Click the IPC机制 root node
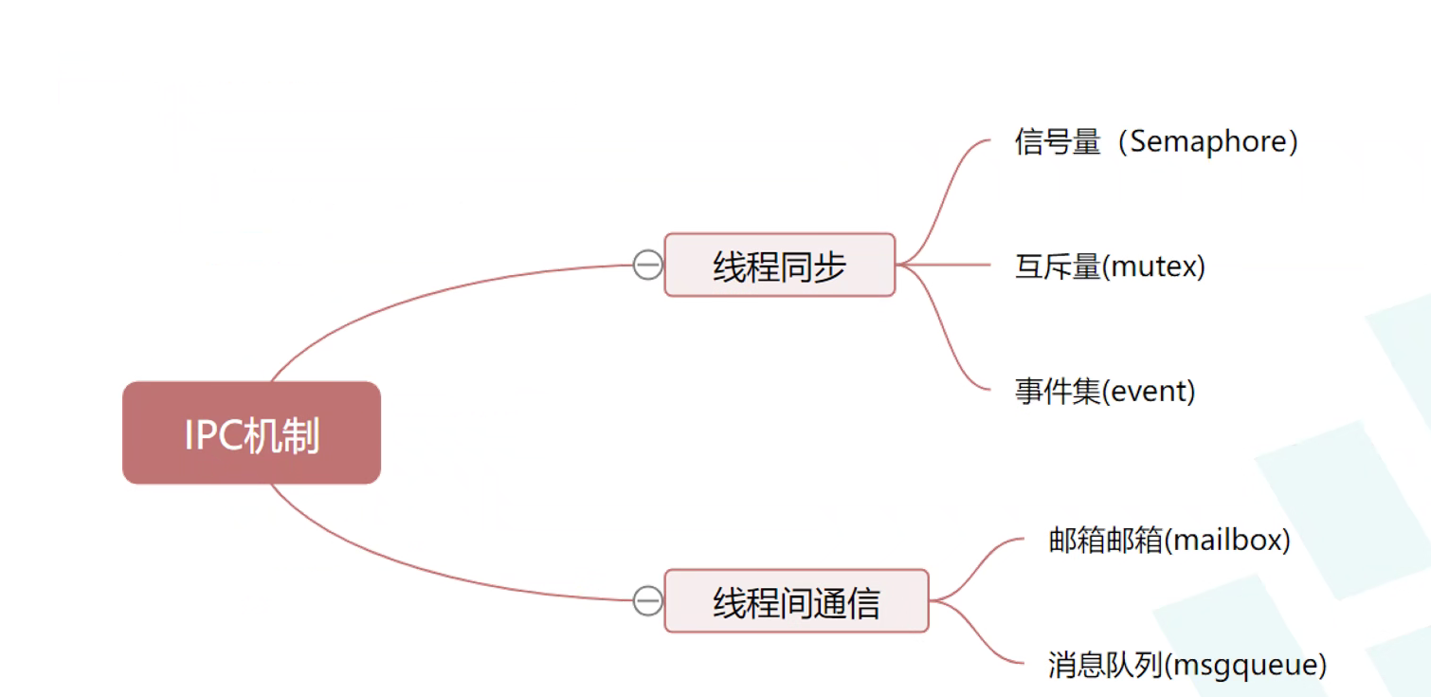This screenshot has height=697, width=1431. [x=252, y=433]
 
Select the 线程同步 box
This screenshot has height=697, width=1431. [x=780, y=265]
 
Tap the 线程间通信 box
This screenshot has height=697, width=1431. [x=797, y=601]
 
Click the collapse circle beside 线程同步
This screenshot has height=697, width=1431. [x=648, y=265]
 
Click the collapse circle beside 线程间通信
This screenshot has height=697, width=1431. [x=648, y=601]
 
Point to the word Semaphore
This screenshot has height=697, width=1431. [x=1208, y=142]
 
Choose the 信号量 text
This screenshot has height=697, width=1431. [x=1058, y=142]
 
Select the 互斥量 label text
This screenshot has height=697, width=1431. [x=1058, y=266]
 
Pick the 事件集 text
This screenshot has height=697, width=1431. [x=1058, y=392]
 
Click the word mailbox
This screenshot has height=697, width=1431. [x=1226, y=541]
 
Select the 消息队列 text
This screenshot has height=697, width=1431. [x=1105, y=665]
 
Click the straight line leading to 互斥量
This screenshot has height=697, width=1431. [x=943, y=265]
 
